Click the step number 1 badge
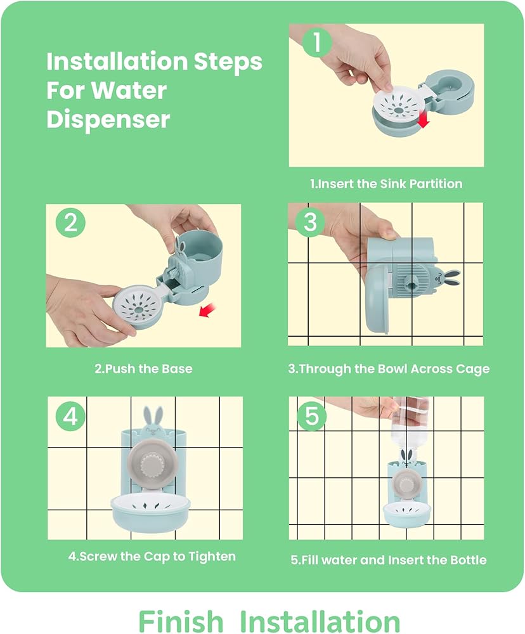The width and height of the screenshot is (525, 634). click(317, 42)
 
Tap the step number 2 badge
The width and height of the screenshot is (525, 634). click(70, 223)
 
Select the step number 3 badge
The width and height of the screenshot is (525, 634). click(310, 221)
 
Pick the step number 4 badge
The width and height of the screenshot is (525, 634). click(70, 416)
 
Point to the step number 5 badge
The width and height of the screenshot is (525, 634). click(312, 416)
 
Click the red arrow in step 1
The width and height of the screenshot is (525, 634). click(423, 120)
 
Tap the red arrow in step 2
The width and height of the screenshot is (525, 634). click(208, 311)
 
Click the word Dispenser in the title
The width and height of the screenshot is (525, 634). click(108, 119)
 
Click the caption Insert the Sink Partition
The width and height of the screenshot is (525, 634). click(386, 184)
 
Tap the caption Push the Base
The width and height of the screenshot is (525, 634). click(143, 369)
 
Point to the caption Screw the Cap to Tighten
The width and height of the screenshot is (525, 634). click(152, 557)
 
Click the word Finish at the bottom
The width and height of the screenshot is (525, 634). click(181, 621)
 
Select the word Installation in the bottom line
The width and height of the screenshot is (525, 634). click(320, 621)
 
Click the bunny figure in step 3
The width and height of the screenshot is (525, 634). click(446, 277)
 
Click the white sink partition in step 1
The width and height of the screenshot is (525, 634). click(398, 107)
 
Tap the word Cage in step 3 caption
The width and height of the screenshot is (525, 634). click(473, 369)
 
